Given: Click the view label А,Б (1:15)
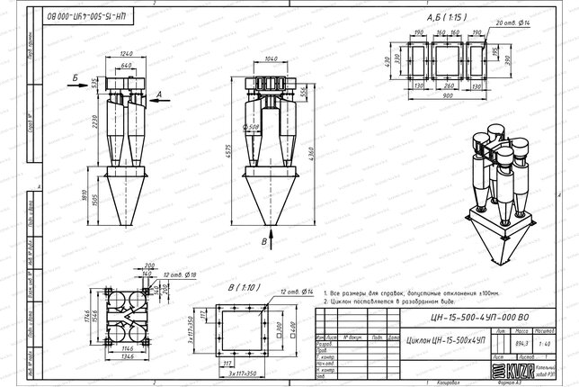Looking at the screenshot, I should coord(448,17).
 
